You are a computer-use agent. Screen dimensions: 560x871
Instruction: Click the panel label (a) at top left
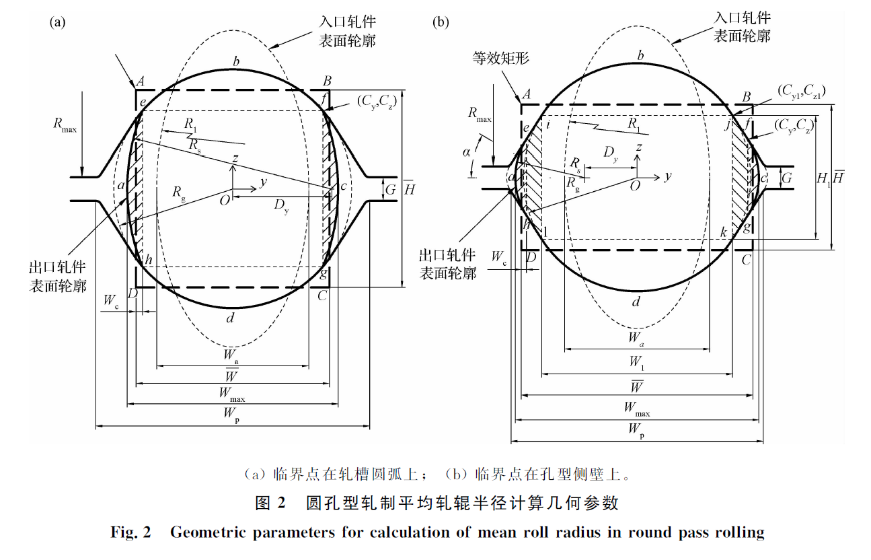[x=58, y=22]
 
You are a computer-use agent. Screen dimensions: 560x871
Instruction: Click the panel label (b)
[x=441, y=22]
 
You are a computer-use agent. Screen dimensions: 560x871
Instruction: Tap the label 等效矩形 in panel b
[x=500, y=58]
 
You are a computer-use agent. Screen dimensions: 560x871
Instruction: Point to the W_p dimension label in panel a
[x=233, y=419]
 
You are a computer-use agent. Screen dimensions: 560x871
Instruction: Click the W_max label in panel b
[x=636, y=407]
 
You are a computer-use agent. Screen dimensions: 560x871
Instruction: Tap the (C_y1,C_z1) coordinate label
[x=800, y=90]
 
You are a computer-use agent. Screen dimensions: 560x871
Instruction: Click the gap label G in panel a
[x=391, y=190]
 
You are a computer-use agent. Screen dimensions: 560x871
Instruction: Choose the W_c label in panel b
[x=498, y=256]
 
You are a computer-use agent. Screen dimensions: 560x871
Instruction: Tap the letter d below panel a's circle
[x=231, y=318]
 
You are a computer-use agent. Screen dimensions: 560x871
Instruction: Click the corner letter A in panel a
[x=141, y=81]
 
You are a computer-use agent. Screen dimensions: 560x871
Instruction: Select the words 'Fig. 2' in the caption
[x=131, y=533]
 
